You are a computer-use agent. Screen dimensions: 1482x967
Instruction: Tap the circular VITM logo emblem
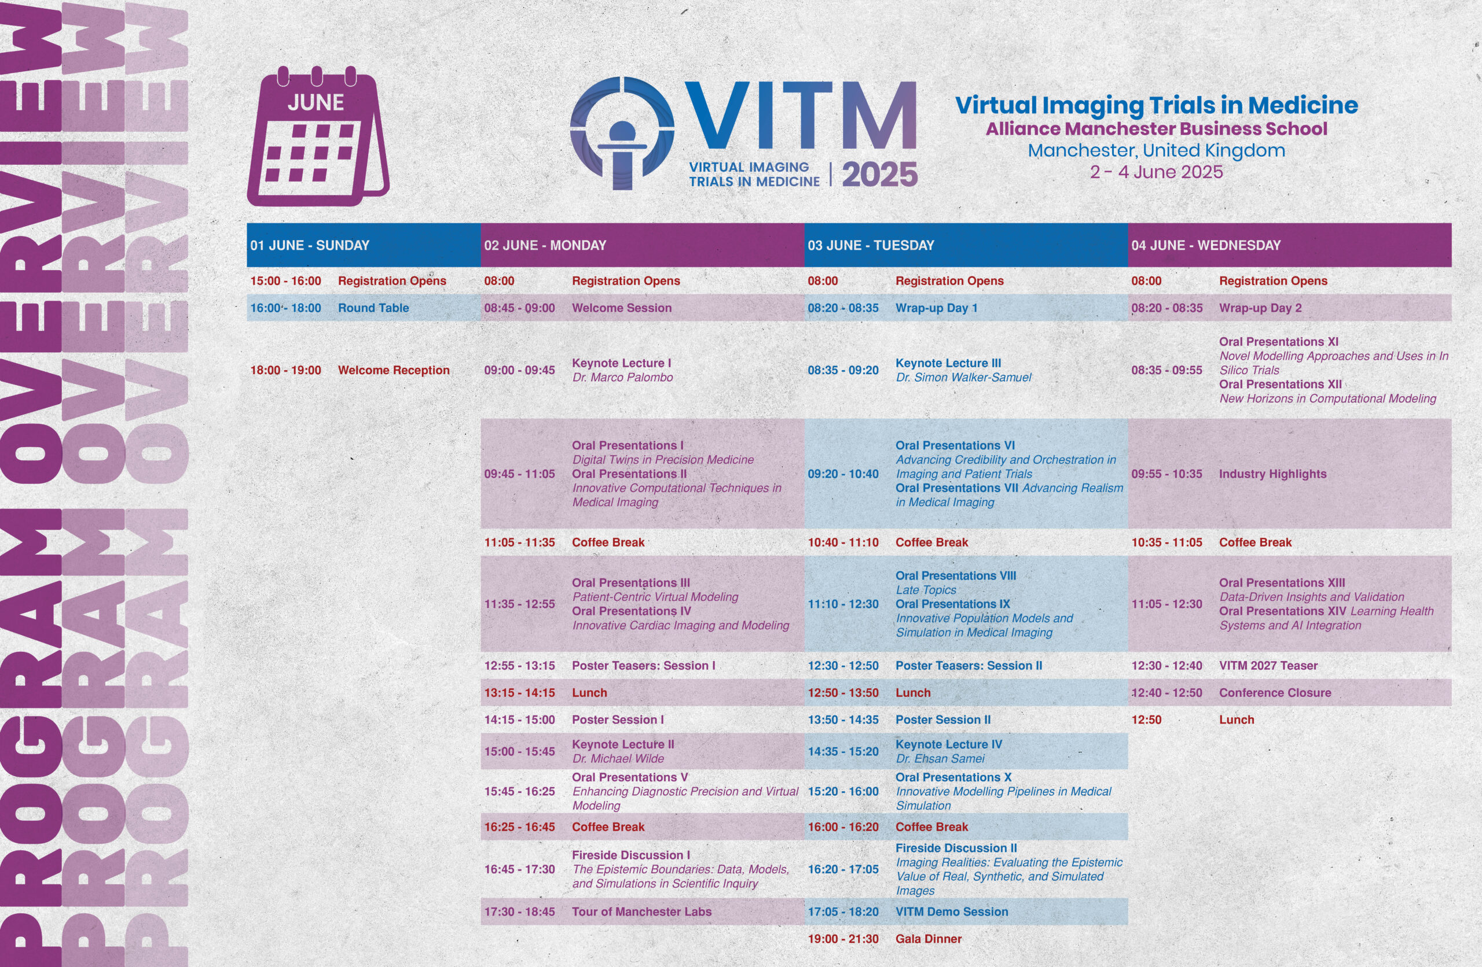(622, 132)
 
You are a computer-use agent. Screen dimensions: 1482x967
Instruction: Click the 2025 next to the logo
(880, 174)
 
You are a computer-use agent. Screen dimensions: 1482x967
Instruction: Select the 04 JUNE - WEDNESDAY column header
(1206, 245)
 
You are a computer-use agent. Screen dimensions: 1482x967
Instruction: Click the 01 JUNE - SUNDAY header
(310, 245)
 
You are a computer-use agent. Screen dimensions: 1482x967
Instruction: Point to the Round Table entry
(373, 308)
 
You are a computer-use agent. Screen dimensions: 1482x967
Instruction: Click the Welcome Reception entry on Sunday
(394, 370)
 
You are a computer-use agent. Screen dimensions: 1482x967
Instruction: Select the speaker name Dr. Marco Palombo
(623, 377)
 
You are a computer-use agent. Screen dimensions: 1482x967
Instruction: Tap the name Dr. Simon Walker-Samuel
(963, 377)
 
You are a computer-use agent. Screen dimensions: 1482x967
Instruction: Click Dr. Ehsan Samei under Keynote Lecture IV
(940, 759)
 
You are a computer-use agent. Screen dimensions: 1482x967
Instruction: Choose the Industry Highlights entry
(1273, 474)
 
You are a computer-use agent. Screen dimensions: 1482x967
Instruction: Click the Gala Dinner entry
(929, 939)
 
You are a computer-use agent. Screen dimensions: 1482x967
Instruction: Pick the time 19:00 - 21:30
(843, 939)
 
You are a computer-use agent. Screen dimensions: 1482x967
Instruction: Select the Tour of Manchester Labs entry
(641, 911)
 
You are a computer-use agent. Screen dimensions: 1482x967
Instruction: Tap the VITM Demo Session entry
(952, 911)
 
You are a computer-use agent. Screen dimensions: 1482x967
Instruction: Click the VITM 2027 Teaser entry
(1268, 666)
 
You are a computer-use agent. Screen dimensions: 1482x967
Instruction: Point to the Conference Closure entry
(1275, 693)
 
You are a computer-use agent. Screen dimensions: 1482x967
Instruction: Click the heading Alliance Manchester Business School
(1156, 129)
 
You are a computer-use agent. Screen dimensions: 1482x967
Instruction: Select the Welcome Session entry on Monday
(621, 308)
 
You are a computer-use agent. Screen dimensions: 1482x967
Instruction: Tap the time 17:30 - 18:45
(519, 911)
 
